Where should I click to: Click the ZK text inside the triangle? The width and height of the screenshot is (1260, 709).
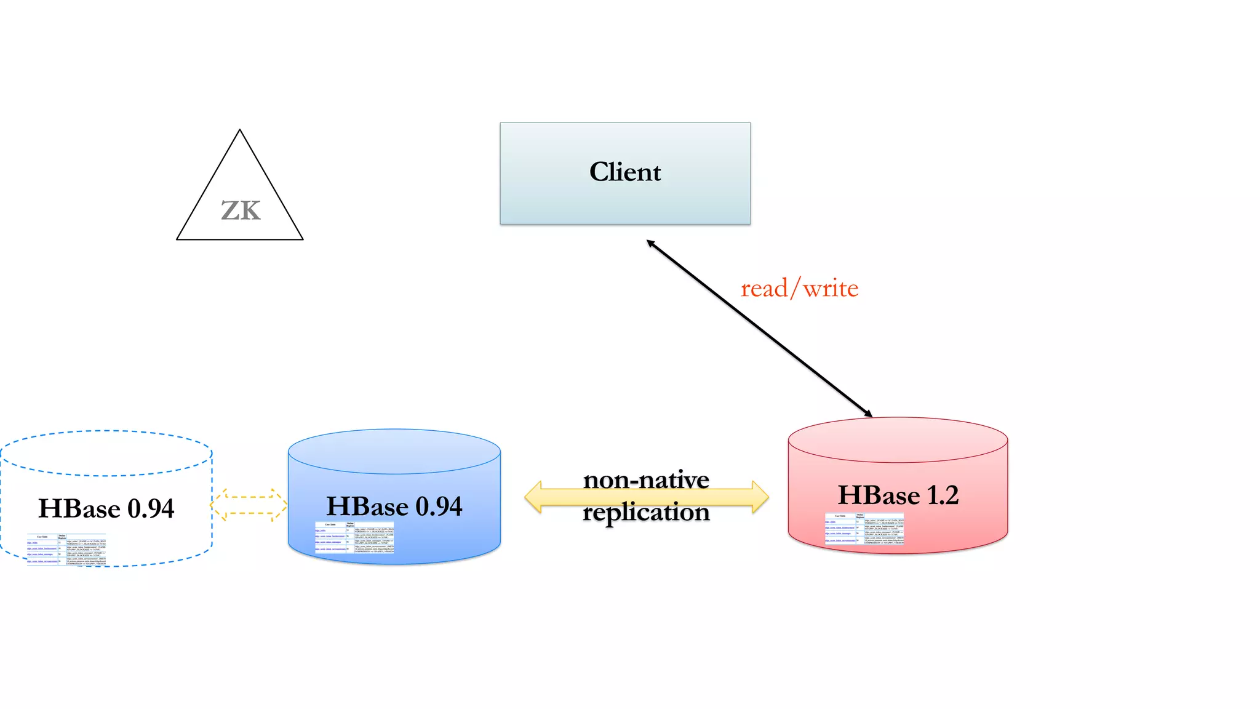pyautogui.click(x=241, y=210)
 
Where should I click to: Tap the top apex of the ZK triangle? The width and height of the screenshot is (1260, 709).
pyautogui.click(x=240, y=131)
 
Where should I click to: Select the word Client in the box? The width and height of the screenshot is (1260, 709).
pyautogui.click(x=625, y=172)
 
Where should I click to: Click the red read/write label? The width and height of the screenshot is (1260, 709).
pyautogui.click(x=799, y=288)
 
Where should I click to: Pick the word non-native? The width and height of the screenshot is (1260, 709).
pyautogui.click(x=646, y=479)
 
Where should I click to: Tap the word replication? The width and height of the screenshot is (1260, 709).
pyautogui.click(x=646, y=512)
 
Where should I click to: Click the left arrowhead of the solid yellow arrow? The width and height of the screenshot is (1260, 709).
pyautogui.click(x=533, y=497)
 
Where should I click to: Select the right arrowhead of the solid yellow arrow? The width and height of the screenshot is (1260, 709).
pyautogui.click(x=760, y=497)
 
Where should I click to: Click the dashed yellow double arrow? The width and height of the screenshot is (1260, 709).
pyautogui.click(x=249, y=505)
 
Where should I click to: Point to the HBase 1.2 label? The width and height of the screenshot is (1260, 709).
pyautogui.click(x=898, y=495)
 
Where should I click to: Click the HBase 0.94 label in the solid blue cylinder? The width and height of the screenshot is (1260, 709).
pyautogui.click(x=394, y=507)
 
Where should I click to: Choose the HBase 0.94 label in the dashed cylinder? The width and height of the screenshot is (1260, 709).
pyautogui.click(x=106, y=508)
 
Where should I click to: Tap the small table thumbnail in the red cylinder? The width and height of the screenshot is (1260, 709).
pyautogui.click(x=864, y=529)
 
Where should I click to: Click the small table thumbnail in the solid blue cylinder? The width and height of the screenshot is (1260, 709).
pyautogui.click(x=354, y=538)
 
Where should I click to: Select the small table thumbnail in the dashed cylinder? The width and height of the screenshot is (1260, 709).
pyautogui.click(x=66, y=550)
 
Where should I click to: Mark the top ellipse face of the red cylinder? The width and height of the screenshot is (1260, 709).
pyautogui.click(x=898, y=440)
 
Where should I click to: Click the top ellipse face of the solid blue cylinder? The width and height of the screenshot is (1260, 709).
pyautogui.click(x=394, y=451)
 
